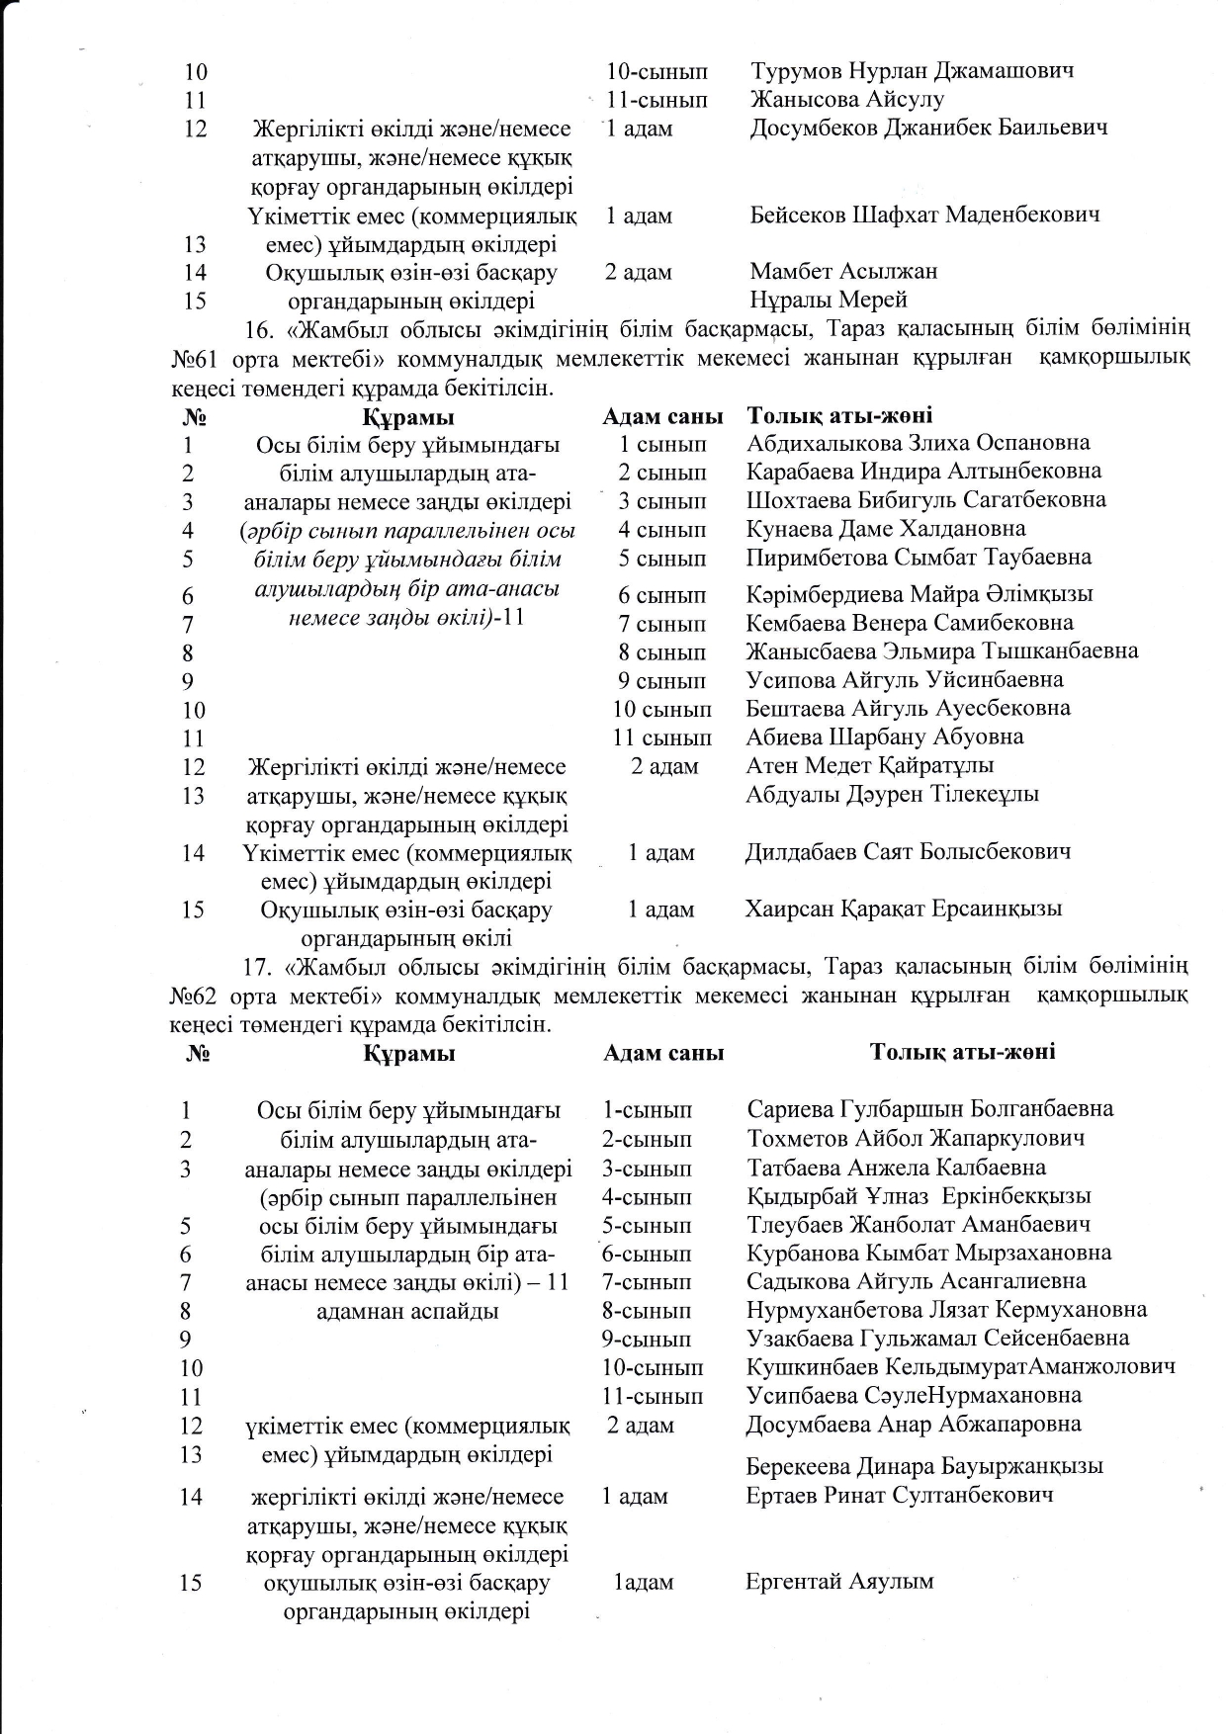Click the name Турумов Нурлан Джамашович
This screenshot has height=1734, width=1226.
(912, 71)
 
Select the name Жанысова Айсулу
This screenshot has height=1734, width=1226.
(847, 99)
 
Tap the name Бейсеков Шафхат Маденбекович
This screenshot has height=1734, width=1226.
(924, 215)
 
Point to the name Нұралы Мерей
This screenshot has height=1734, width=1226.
(829, 299)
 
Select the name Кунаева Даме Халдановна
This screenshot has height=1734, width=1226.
(886, 529)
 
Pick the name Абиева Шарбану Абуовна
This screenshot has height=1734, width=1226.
(885, 737)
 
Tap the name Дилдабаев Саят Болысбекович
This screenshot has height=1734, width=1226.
(907, 851)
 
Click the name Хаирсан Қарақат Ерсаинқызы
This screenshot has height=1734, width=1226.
(903, 909)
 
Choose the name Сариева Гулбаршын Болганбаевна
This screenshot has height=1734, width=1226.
(929, 1109)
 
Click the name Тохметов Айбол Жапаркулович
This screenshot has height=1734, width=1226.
(916, 1138)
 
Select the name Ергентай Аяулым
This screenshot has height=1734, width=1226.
(839, 1581)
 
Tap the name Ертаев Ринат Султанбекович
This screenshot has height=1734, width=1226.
(899, 1496)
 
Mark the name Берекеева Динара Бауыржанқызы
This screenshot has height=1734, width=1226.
(924, 1466)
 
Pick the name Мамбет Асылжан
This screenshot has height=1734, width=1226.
(843, 271)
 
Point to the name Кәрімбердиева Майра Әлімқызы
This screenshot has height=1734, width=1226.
(919, 594)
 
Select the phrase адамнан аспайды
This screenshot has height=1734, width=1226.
(407, 1312)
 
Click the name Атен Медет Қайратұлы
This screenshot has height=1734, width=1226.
(869, 765)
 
